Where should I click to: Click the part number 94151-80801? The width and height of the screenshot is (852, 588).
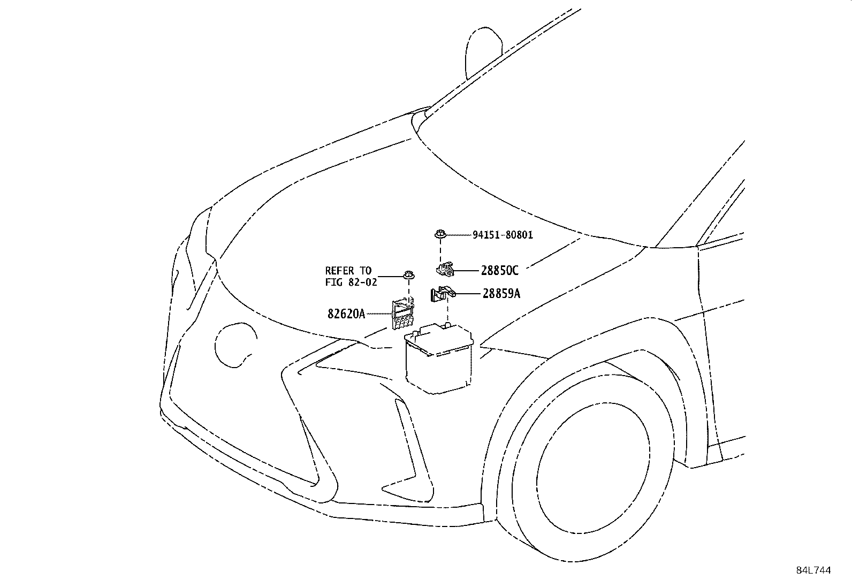pyautogui.click(x=503, y=235)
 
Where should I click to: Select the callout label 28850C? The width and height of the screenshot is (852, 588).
pyautogui.click(x=499, y=271)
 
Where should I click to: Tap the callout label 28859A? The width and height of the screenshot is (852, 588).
pyautogui.click(x=501, y=294)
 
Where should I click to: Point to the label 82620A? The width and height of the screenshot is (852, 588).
pyautogui.click(x=346, y=314)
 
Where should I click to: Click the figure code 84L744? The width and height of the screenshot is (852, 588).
pyautogui.click(x=813, y=570)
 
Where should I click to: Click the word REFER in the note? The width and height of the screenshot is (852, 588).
pyautogui.click(x=339, y=271)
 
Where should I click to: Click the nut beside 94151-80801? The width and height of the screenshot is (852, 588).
pyautogui.click(x=439, y=234)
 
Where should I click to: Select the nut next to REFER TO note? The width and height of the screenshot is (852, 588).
pyautogui.click(x=409, y=276)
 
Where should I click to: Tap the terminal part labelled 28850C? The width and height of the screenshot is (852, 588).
pyautogui.click(x=444, y=269)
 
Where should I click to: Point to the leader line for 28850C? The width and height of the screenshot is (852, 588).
pyautogui.click(x=467, y=271)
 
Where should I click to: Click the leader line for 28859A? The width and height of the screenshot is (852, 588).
pyautogui.click(x=468, y=294)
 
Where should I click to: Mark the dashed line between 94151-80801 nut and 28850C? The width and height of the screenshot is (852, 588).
pyautogui.click(x=439, y=250)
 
